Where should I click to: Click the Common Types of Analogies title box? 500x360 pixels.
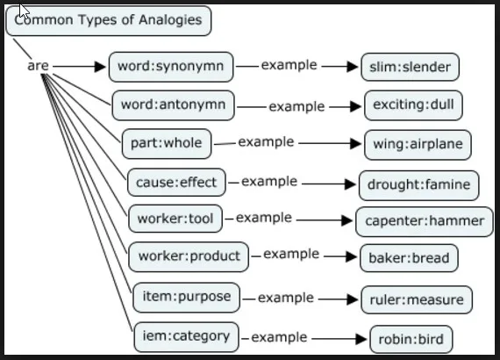coord(109,21)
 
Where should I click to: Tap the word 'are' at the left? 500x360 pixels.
coord(38,66)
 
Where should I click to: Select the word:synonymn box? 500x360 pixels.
coord(171,66)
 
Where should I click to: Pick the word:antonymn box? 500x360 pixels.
coord(174,105)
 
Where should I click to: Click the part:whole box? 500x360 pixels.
coord(167,143)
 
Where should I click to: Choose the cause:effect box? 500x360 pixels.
coord(175,184)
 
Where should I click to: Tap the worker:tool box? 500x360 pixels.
coord(175,218)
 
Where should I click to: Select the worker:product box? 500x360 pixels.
coord(189,256)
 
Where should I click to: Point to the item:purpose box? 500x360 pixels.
coord(186,297)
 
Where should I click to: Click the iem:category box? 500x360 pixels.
coord(186,335)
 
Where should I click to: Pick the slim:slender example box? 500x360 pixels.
coord(411,67)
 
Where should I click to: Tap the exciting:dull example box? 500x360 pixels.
coord(413,106)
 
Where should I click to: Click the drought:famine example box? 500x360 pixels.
coord(419,185)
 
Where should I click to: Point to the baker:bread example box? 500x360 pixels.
coord(409,258)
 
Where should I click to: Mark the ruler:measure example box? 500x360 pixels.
coord(417,299)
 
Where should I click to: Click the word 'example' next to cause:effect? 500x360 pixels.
coord(269,182)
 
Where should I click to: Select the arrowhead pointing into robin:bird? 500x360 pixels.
coord(361,339)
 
